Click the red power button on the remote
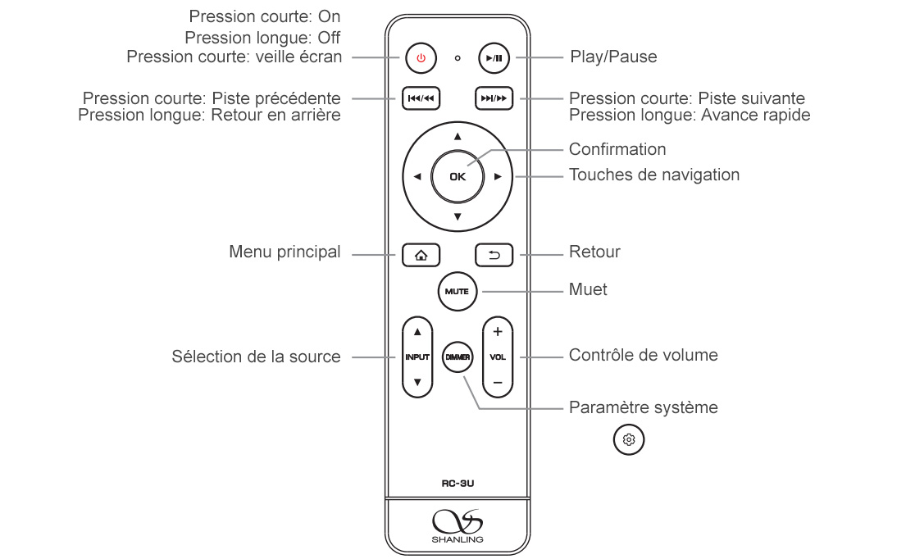(x=421, y=58)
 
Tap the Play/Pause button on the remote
(x=494, y=58)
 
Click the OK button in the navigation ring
(x=458, y=176)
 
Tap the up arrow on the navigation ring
(x=458, y=137)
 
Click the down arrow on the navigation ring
(x=458, y=217)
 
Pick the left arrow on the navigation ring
(x=417, y=176)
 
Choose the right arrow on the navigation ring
(x=498, y=176)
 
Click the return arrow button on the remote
(x=494, y=255)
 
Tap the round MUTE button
(x=458, y=291)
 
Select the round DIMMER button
(x=458, y=357)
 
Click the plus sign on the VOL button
(x=498, y=332)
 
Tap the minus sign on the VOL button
(x=498, y=383)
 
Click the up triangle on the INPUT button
(x=417, y=332)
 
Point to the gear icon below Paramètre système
(x=629, y=440)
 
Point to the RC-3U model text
(x=458, y=484)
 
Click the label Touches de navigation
(x=654, y=175)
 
